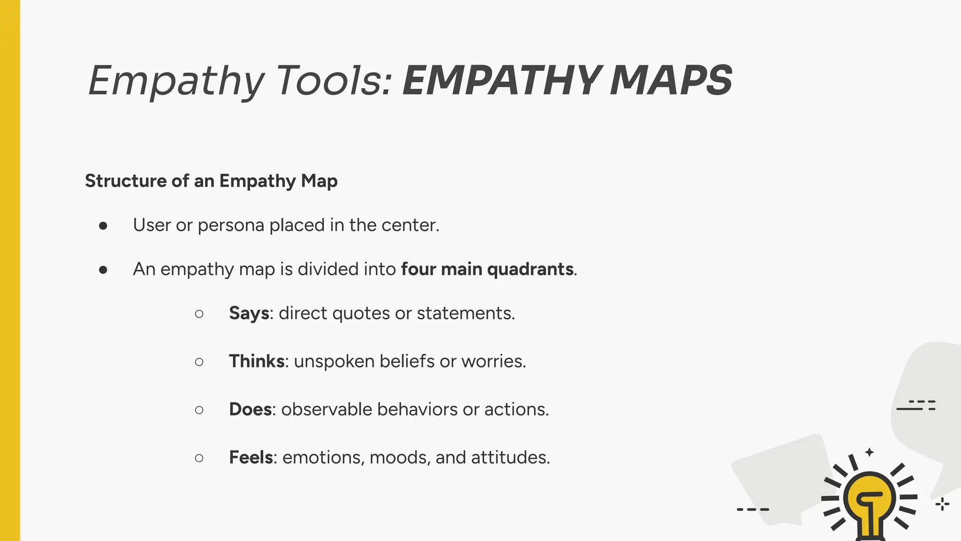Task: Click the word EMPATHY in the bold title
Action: click(502, 81)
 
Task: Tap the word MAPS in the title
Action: click(671, 81)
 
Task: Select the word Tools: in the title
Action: click(334, 81)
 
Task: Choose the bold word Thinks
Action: click(257, 362)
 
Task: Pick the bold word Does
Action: click(250, 410)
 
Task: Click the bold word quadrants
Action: click(530, 270)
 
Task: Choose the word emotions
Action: click(323, 458)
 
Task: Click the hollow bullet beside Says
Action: click(199, 314)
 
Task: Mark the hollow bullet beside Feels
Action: click(199, 458)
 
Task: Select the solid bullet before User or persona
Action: click(103, 226)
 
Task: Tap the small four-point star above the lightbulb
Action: click(869, 452)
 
